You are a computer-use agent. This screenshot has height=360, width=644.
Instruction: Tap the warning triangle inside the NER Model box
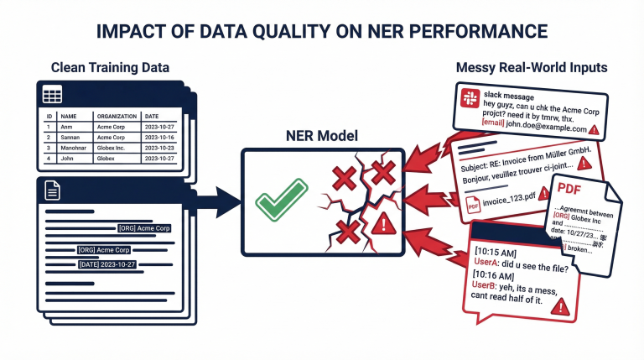pos(383,222)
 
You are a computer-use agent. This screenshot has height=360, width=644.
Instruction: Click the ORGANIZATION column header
pos(117,116)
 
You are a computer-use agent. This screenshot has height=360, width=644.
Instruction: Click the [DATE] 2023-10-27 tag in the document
pos(106,263)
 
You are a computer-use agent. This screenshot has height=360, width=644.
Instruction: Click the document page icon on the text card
pos(53,191)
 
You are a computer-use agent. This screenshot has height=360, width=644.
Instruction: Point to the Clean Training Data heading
pos(109,66)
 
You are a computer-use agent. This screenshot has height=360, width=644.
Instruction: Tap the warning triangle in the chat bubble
pos(558,308)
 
